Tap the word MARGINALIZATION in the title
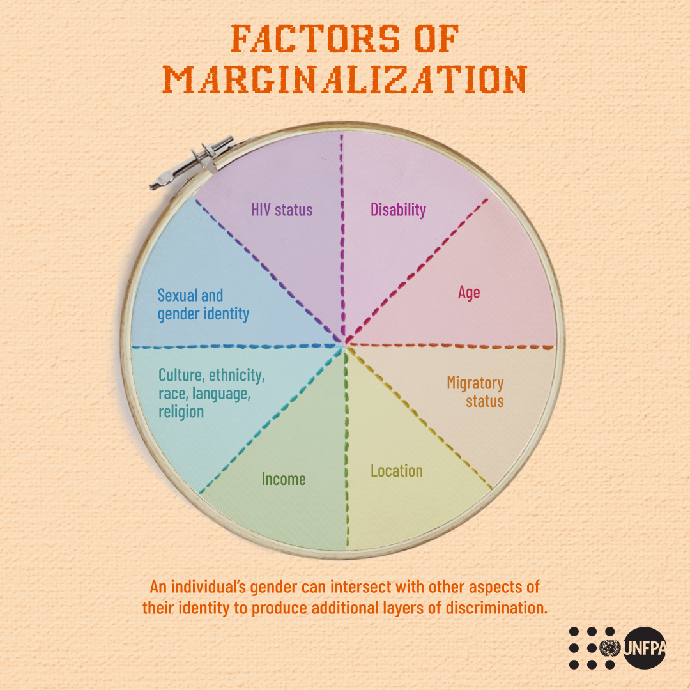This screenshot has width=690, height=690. pos(345,80)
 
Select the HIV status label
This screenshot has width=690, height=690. pos(282,209)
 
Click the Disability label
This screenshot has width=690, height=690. pos(398,209)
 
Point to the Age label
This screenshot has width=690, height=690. pos(469,293)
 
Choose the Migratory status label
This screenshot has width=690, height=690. pos(475,392)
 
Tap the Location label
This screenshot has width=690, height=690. pos(397,471)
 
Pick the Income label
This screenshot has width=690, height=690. pos(284,479)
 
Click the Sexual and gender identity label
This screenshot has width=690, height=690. pos(203,305)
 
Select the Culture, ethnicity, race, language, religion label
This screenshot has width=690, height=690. pos(211,393)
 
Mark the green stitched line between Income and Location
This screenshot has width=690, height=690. pos(347,447)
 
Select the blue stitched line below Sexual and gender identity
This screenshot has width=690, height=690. pos(236,346)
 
